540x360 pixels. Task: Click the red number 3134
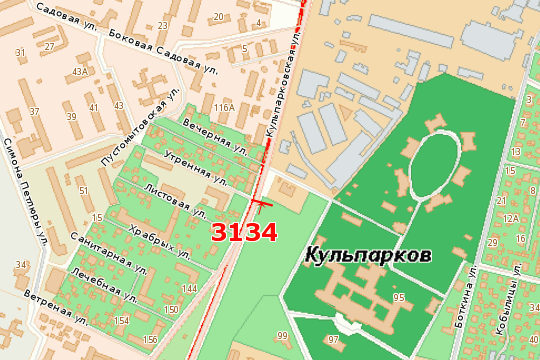(x=243, y=232)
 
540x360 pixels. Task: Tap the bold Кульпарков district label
(x=369, y=256)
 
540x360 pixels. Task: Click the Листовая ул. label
(x=168, y=195)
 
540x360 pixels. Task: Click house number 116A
(x=223, y=107)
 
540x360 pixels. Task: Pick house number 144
(x=189, y=288)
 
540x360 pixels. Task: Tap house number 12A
(x=510, y=217)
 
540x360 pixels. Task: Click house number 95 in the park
(x=398, y=298)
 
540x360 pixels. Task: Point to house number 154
(x=122, y=320)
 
